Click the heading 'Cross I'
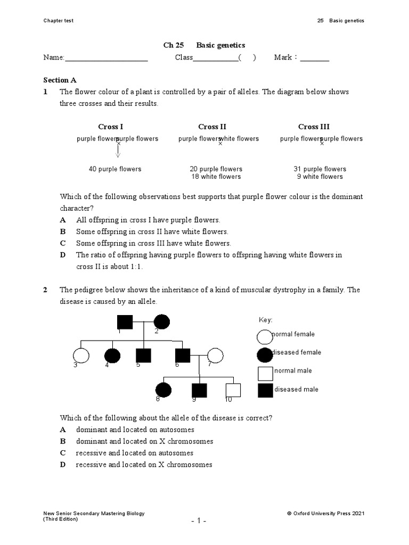pos(111,127)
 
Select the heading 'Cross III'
pos(314,127)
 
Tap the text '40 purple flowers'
pos(115,169)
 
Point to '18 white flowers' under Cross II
pos(216,177)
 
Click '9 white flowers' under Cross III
pos(320,177)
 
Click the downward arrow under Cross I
pos(118,151)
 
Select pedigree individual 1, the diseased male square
pos(125,323)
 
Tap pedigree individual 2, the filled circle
pos(162,323)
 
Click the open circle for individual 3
pos(80,356)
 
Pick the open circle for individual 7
pos(215,356)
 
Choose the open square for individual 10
pos(233,390)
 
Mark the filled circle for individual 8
pos(163,390)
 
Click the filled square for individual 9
pos(199,390)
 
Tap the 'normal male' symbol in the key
pos(265,372)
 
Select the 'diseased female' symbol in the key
pos(265,354)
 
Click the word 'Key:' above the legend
pos(265,320)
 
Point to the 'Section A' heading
pos(56,80)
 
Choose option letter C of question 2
pos(63,453)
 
